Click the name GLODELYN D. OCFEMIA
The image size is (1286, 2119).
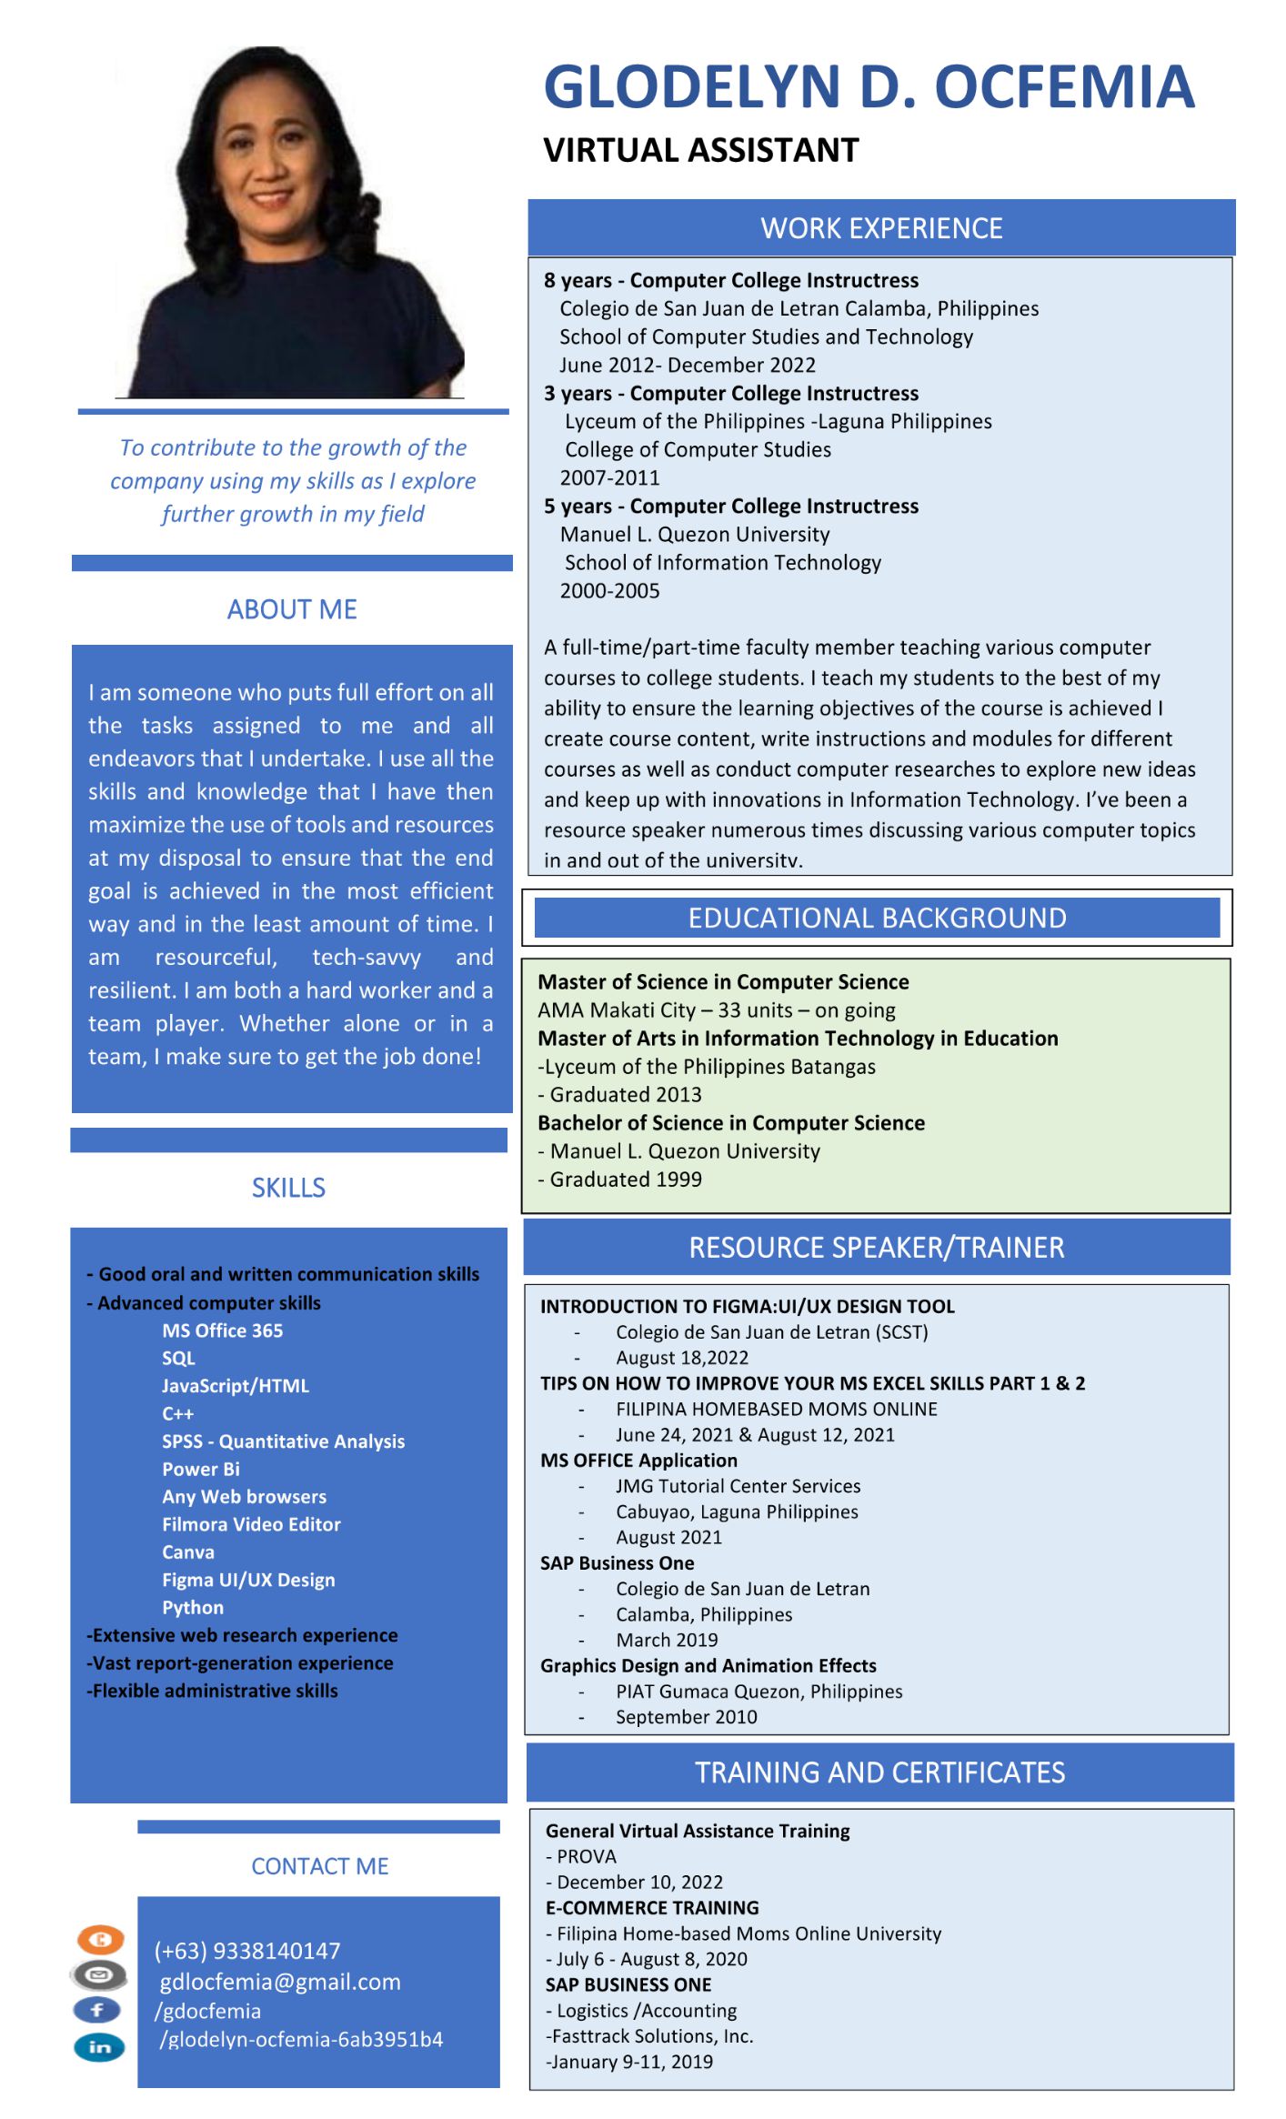[868, 87]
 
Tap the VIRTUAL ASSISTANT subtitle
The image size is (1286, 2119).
[700, 150]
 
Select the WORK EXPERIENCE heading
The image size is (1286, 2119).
[881, 228]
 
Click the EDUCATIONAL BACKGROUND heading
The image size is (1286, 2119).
[877, 918]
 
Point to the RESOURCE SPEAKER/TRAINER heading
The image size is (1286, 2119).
[876, 1247]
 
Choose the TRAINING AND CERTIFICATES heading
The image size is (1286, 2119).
[879, 1772]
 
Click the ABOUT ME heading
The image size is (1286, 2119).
[292, 609]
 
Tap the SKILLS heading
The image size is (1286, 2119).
[288, 1188]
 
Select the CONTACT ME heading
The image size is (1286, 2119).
[319, 1866]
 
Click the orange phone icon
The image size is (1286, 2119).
[100, 1940]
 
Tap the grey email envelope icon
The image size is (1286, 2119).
[99, 1974]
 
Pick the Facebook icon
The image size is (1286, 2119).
[98, 2010]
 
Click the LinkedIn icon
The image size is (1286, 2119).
[99, 2047]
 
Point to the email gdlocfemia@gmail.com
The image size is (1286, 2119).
[280, 1982]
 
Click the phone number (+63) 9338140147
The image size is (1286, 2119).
[247, 1951]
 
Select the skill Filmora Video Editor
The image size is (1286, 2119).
[251, 1524]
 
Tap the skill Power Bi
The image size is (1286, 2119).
[201, 1469]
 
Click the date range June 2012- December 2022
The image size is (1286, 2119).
[688, 365]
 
